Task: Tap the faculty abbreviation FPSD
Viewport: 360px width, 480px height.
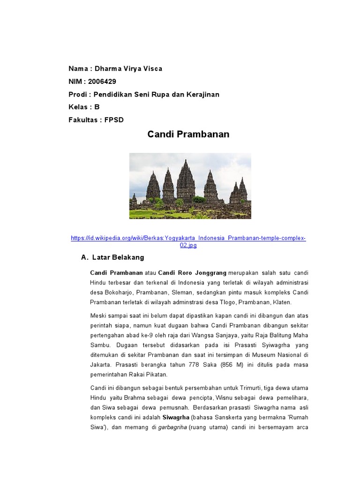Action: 114,120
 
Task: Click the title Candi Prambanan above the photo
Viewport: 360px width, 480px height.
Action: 188,135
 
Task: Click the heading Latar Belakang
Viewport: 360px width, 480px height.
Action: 118,257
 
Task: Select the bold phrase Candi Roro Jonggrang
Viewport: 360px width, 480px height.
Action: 192,272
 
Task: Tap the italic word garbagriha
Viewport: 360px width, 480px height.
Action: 172,427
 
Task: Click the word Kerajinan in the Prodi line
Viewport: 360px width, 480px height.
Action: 203,94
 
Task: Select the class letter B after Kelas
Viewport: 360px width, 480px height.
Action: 97,107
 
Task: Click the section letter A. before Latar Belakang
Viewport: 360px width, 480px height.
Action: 84,257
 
